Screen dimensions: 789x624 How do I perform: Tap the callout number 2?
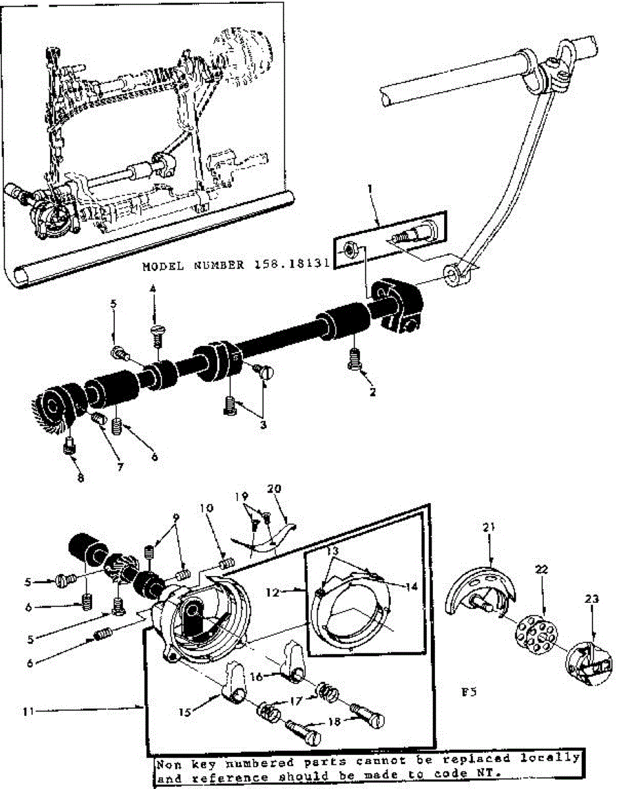[372, 393]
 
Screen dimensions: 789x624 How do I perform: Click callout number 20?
[274, 489]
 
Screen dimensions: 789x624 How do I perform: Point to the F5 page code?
[468, 692]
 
